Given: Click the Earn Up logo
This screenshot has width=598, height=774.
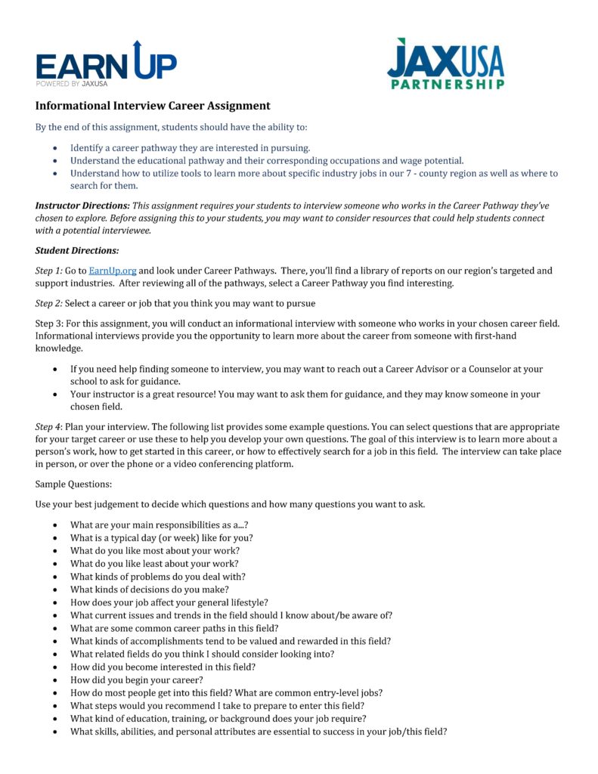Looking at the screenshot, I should (x=106, y=65).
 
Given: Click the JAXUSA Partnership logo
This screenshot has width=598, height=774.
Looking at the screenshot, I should (x=445, y=64).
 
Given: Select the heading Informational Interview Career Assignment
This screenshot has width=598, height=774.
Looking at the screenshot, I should (x=153, y=106).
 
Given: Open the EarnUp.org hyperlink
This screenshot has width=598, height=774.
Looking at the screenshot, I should (x=107, y=270).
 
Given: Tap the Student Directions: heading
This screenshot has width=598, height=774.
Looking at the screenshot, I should (x=76, y=250).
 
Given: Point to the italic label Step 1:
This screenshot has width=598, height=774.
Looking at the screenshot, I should (x=49, y=270).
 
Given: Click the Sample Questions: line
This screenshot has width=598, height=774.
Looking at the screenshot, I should (x=73, y=483).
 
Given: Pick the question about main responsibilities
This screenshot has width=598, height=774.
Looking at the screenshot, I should (x=160, y=525).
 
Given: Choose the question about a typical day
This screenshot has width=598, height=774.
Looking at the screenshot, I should (x=161, y=537).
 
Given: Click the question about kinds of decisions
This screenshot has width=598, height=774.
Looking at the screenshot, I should (x=149, y=589).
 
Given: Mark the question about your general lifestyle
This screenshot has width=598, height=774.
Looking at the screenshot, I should (x=169, y=602).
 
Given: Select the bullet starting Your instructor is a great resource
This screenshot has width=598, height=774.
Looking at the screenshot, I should (x=305, y=394).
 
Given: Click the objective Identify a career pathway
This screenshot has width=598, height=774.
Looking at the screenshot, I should (x=190, y=148).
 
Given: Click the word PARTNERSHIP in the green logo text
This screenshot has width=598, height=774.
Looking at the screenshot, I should (x=448, y=84).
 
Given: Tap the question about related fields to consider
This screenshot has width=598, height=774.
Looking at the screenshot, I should (x=202, y=654).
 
